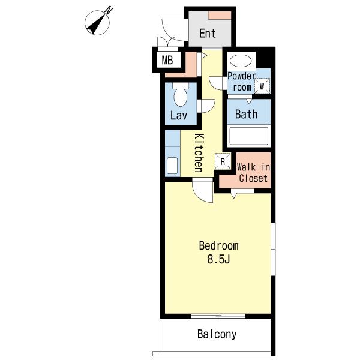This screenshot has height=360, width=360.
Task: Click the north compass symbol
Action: pyautogui.click(x=97, y=23)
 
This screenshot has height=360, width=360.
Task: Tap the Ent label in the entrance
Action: pyautogui.click(x=208, y=33)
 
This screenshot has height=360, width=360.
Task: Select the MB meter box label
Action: pyautogui.click(x=167, y=61)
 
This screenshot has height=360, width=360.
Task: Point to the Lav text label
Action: pyautogui.click(x=179, y=115)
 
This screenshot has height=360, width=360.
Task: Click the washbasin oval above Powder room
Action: pyautogui.click(x=241, y=61)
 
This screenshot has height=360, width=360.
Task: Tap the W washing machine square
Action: pyautogui.click(x=262, y=86)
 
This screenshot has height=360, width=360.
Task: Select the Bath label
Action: pyautogui.click(x=247, y=114)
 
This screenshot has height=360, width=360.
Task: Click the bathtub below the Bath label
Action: pyautogui.click(x=249, y=136)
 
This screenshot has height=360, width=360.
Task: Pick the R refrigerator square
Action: pyautogui.click(x=223, y=161)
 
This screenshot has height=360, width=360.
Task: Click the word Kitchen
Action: pyautogui.click(x=199, y=152)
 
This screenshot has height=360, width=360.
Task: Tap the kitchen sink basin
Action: pyautogui.click(x=172, y=166)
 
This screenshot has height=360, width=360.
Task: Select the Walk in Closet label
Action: pyautogui.click(x=253, y=173)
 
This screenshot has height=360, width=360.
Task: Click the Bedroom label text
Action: pyautogui.click(x=218, y=246)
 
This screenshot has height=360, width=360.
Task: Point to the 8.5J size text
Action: pyautogui.click(x=218, y=259)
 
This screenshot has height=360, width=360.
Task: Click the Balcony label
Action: pyautogui.click(x=217, y=335)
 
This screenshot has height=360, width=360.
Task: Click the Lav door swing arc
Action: pyautogui.click(x=210, y=109)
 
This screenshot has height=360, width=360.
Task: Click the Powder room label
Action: pyautogui.click(x=242, y=82)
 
